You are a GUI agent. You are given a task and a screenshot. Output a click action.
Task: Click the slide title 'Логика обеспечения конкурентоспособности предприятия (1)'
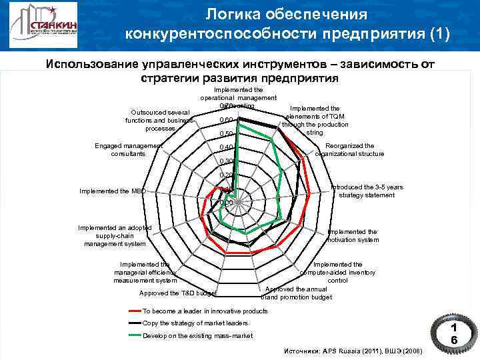pos(287,25)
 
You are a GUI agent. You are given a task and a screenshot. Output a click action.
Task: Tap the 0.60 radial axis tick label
pos(226,120)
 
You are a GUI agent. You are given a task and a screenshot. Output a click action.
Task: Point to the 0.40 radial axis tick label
pos(227,147)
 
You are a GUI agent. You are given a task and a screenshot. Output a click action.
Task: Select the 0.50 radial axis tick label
pos(227,134)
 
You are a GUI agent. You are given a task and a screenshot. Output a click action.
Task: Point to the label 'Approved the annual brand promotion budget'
pos(297,293)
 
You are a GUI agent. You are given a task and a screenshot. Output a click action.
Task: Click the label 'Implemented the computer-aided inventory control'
pos(338,272)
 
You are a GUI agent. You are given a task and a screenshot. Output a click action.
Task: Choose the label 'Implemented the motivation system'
pos(353,235)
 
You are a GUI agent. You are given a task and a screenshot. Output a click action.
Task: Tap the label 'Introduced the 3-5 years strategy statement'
pos(367,191)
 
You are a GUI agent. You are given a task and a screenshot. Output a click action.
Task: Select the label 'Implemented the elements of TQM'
pos(313,119)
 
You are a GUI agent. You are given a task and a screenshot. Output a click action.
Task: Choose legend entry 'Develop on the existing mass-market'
pos(198,335)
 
